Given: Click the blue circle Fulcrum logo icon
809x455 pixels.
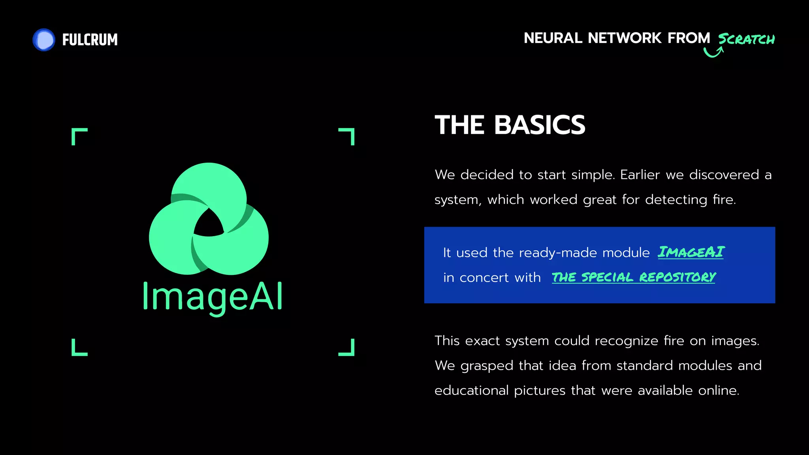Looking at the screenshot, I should (44, 40).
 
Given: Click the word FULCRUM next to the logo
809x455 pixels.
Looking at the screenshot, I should (90, 40).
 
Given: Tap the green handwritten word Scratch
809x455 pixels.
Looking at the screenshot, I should (746, 39).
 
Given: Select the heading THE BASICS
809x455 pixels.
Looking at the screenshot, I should (510, 125).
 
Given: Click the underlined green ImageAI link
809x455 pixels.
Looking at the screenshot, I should (691, 252).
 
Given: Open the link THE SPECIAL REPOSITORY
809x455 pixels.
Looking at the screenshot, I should (634, 277).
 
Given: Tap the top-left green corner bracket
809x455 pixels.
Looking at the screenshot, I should (79, 135).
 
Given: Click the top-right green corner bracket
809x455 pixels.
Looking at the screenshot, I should (347, 135).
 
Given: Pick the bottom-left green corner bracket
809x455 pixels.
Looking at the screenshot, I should (79, 348).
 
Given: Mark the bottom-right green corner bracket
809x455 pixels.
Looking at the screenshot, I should (347, 348).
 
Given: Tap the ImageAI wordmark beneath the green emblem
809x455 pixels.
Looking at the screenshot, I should (213, 297).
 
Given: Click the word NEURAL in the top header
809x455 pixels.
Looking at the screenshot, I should (553, 38).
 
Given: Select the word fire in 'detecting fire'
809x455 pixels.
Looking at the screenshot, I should (724, 200).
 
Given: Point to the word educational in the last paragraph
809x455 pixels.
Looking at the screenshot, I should (472, 391).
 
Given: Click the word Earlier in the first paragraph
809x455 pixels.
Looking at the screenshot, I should (640, 175).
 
